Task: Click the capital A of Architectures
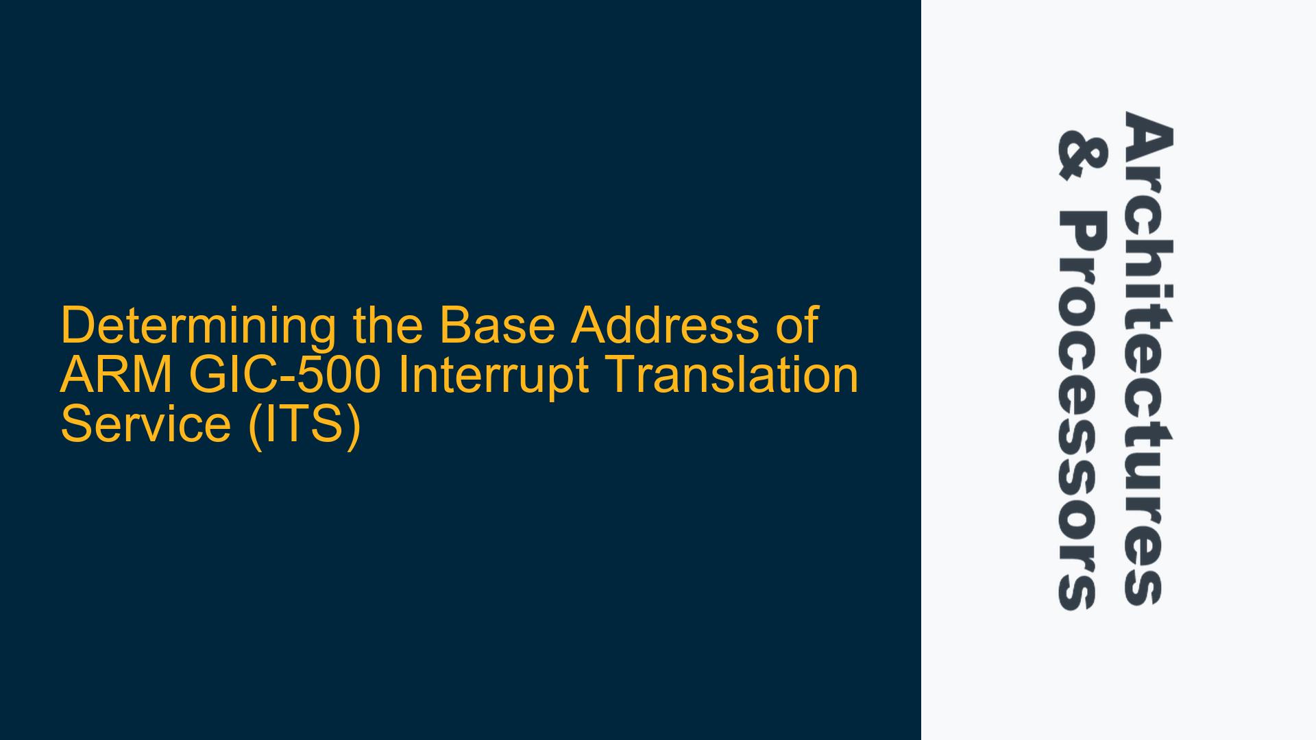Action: (1147, 136)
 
